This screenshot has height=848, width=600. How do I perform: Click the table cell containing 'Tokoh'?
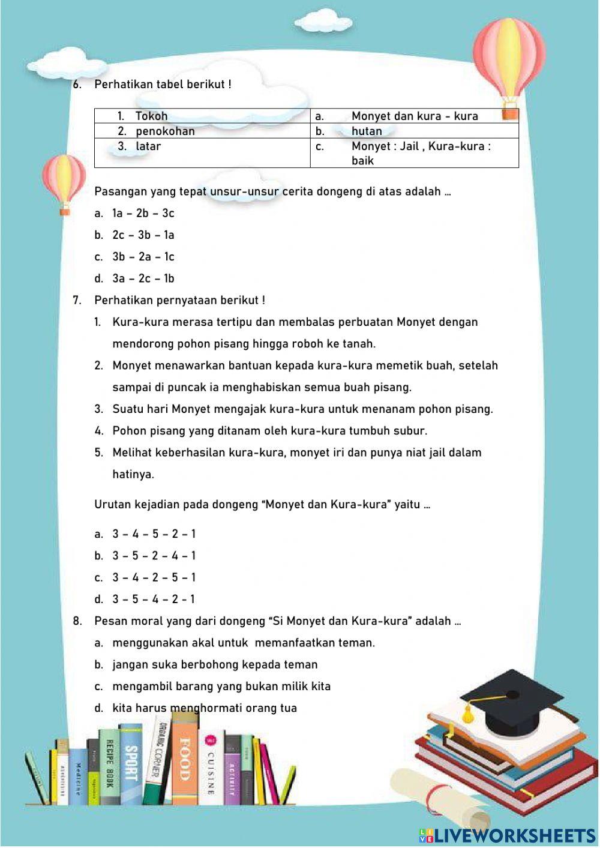tap(202, 116)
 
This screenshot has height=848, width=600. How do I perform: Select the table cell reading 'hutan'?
tap(414, 131)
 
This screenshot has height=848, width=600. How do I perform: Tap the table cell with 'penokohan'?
tap(202, 131)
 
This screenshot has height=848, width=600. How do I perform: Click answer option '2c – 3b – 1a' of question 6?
tap(143, 235)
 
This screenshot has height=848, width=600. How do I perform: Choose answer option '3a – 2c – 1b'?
tap(143, 278)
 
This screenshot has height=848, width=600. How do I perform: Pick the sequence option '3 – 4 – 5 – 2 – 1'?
tap(154, 534)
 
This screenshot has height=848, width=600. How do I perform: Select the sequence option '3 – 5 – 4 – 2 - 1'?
tap(154, 599)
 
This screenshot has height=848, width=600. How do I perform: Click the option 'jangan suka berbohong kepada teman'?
tap(215, 664)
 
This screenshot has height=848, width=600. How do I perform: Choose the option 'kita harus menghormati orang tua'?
tap(204, 708)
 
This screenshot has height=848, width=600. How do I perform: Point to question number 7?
tap(77, 300)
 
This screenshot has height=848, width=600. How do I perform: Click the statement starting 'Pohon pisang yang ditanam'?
tap(269, 431)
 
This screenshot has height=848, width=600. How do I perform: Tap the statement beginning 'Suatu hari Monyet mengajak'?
tap(302, 409)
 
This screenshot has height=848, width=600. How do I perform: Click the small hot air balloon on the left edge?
tap(64, 180)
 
